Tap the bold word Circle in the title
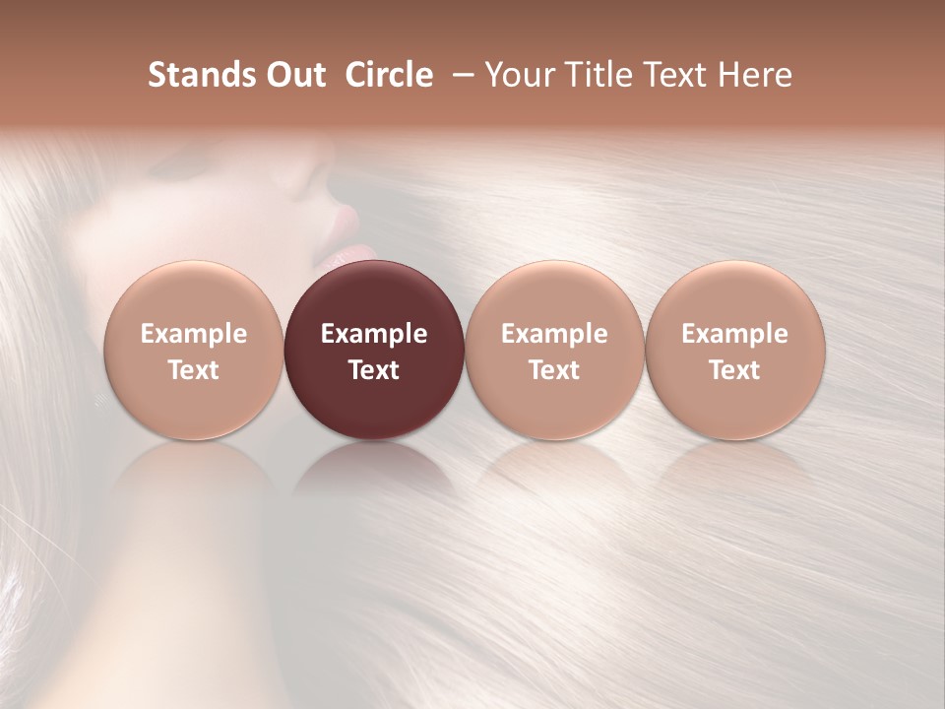[389, 75]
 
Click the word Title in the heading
[597, 75]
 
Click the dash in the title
[460, 75]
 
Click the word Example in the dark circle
[374, 334]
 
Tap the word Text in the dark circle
[374, 370]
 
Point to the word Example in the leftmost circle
[194, 334]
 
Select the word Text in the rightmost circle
[735, 370]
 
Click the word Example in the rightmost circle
[735, 334]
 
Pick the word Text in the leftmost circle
[194, 370]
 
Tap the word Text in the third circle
[554, 370]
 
